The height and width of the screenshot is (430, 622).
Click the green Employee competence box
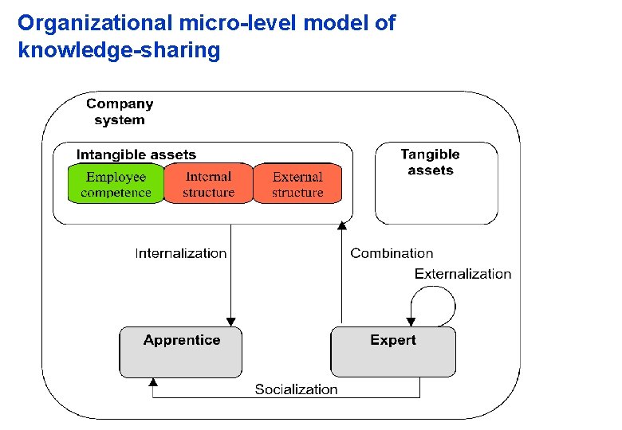tap(116, 184)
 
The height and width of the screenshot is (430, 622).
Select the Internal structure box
tap(208, 184)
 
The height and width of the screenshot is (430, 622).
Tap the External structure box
tap(297, 184)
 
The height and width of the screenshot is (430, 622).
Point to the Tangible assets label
tap(430, 162)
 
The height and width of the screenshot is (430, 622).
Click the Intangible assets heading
tap(136, 154)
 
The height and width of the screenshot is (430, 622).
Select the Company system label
tap(120, 111)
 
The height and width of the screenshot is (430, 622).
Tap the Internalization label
tap(181, 253)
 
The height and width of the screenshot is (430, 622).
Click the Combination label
tap(392, 253)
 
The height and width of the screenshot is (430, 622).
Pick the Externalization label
tap(463, 274)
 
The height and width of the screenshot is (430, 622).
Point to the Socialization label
tap(296, 389)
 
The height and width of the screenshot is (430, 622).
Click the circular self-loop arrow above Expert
tap(435, 303)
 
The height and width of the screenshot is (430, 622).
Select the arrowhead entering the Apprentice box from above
tap(231, 321)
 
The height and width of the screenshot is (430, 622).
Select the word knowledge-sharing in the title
tap(118, 51)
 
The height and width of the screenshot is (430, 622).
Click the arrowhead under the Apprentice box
tap(152, 383)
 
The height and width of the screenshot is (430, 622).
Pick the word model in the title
tap(341, 23)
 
